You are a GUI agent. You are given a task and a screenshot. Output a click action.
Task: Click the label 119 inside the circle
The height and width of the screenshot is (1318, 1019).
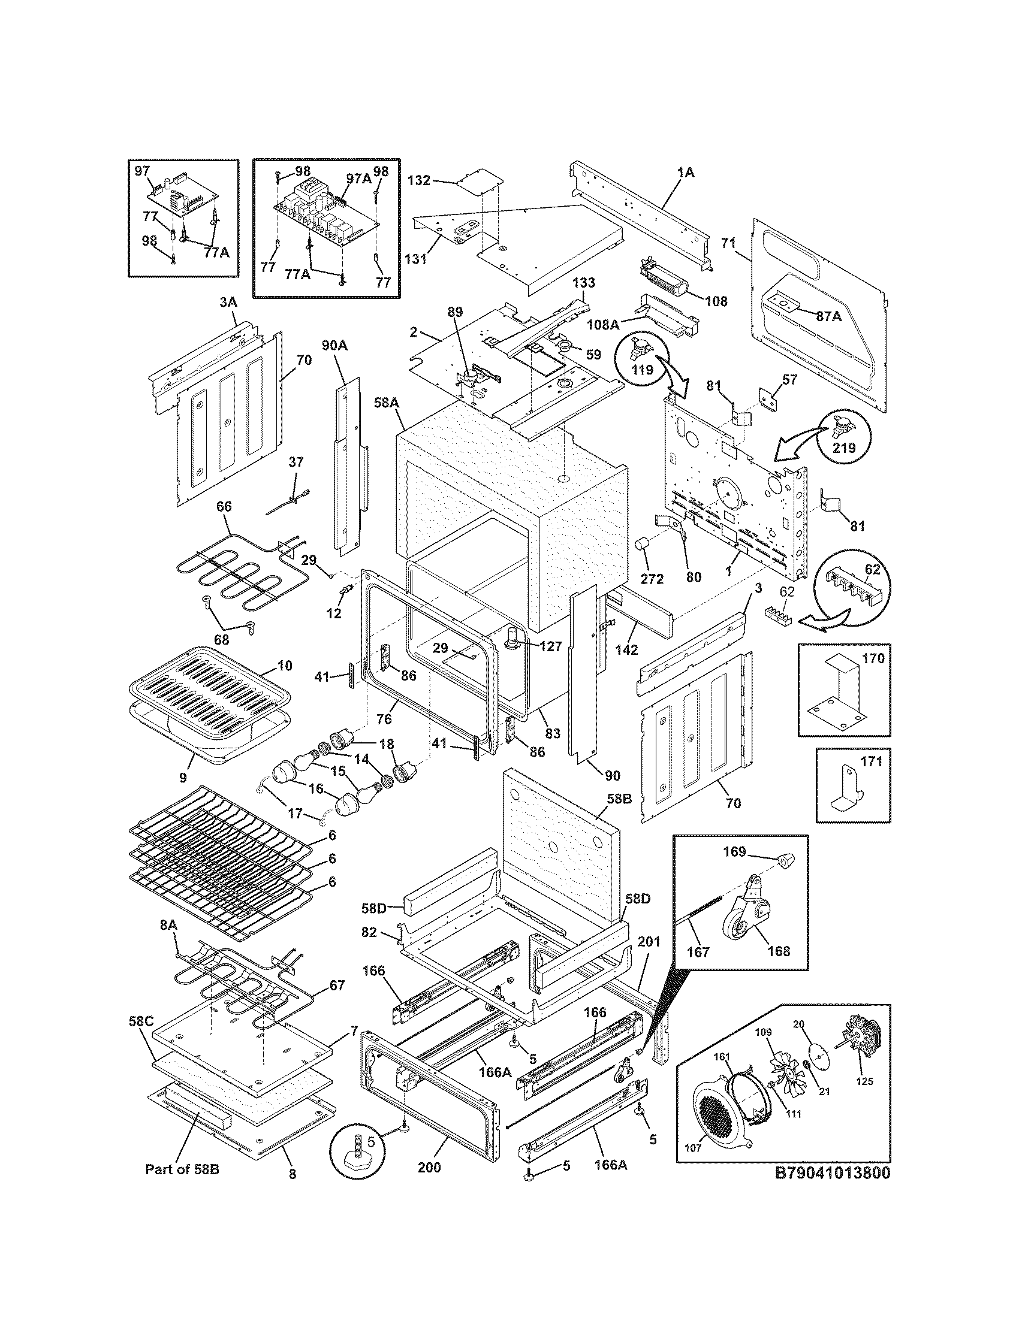[643, 370]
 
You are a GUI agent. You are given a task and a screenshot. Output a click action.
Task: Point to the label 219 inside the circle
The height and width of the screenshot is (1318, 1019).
[844, 448]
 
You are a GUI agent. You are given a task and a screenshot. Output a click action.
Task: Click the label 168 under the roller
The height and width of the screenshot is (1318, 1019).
[779, 951]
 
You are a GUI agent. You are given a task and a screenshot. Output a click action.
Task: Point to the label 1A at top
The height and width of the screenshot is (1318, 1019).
[686, 173]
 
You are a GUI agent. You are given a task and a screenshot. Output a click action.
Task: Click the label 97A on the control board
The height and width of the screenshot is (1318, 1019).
[358, 179]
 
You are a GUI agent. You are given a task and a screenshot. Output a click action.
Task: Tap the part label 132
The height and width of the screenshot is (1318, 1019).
[418, 180]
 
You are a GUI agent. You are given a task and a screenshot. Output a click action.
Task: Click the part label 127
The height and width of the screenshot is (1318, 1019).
[551, 646]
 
